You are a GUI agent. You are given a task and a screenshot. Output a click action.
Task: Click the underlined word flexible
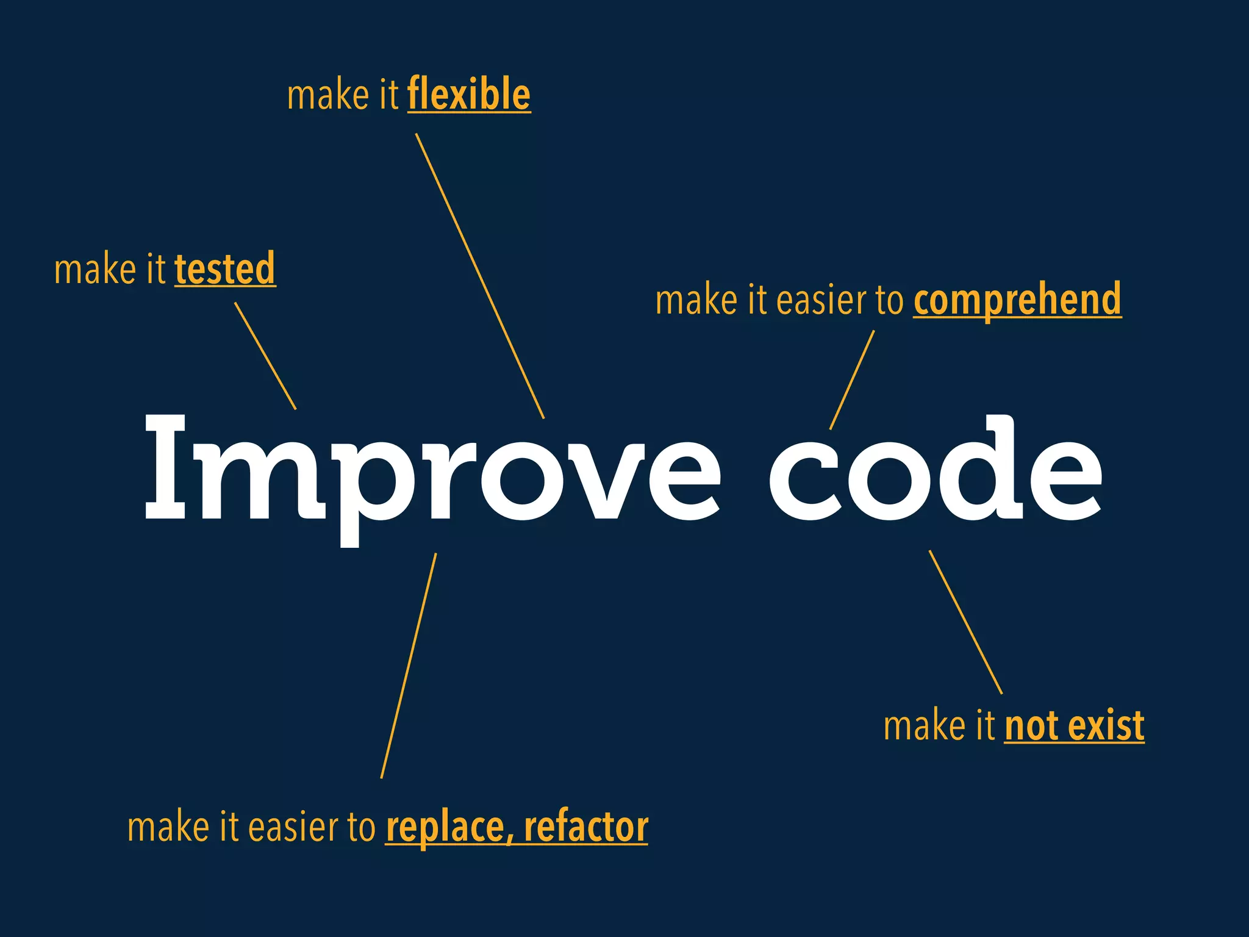click(x=468, y=95)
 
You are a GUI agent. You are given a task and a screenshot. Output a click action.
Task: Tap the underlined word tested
click(x=225, y=269)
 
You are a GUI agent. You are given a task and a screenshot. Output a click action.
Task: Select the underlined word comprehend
click(x=1017, y=300)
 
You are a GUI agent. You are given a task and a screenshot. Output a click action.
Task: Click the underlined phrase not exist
click(x=1074, y=726)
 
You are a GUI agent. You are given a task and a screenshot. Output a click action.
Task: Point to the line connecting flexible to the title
click(x=480, y=276)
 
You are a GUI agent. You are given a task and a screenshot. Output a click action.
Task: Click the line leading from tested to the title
click(x=265, y=356)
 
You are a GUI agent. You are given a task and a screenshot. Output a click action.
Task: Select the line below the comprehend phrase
click(x=852, y=379)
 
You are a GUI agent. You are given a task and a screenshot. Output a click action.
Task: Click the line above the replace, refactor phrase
click(x=409, y=666)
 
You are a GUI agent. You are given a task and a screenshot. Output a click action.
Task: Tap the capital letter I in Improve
click(x=165, y=467)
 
